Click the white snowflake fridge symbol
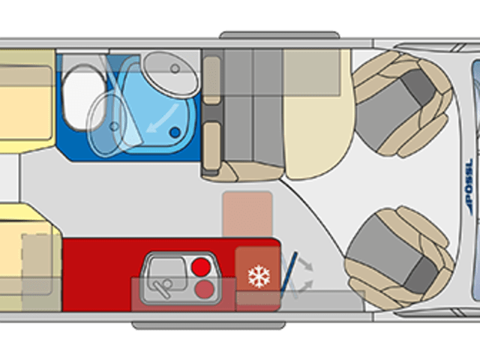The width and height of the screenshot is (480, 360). click(x=258, y=277)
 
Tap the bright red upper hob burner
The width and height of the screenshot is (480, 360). click(x=200, y=266)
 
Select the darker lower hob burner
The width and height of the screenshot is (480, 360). click(x=203, y=288)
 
